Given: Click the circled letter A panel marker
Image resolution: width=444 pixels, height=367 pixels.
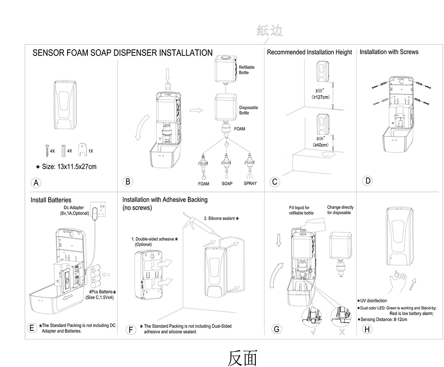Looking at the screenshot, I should (37, 183).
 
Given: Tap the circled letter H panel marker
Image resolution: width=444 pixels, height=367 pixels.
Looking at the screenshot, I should (367, 329).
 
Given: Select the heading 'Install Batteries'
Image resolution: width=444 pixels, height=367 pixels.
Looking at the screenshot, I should (51, 200).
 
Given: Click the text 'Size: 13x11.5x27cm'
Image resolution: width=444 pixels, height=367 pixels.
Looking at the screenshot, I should (69, 167).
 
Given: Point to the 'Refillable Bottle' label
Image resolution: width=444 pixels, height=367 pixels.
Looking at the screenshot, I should (247, 70).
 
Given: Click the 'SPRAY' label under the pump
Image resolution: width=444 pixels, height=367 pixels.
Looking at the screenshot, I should (250, 183).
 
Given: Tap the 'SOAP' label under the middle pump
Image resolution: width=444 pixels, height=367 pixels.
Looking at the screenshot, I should (227, 183).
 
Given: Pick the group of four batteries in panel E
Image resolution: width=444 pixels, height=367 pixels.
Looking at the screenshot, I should (95, 276).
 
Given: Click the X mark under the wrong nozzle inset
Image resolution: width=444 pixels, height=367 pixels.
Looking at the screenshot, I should (341, 332).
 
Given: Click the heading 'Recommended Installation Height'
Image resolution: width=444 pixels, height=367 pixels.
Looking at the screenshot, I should (309, 52).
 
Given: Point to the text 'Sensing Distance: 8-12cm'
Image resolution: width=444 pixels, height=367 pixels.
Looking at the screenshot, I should (385, 319).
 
